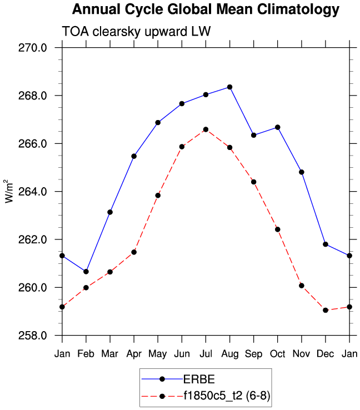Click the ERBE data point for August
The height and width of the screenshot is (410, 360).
pyautogui.click(x=229, y=87)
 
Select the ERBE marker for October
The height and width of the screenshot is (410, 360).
pyautogui.click(x=278, y=127)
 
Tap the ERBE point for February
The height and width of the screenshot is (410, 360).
pyautogui.click(x=86, y=272)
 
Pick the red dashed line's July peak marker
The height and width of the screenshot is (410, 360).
pyautogui.click(x=206, y=129)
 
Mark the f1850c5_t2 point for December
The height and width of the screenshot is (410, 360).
pyautogui.click(x=326, y=310)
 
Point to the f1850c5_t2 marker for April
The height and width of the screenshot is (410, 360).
pyautogui.click(x=134, y=252)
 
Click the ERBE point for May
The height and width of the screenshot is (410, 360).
pyautogui.click(x=158, y=122)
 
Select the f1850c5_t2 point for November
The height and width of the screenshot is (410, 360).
pyautogui.click(x=302, y=286)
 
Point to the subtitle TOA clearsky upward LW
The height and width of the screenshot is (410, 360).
pyautogui.click(x=128, y=32)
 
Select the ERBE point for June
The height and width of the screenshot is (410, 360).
pyautogui.click(x=182, y=103)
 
